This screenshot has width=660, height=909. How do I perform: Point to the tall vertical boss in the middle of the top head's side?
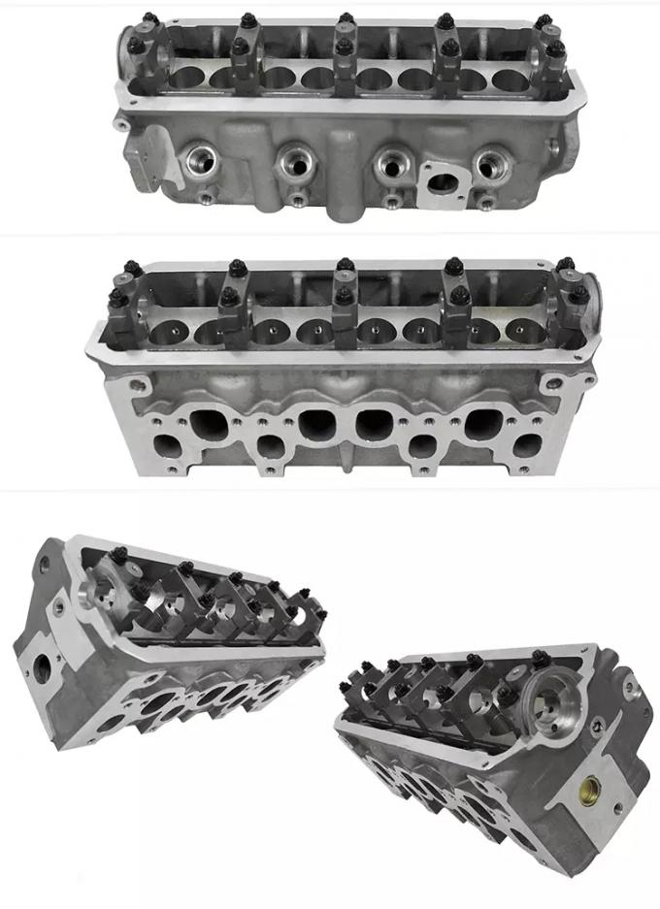tap(342, 175)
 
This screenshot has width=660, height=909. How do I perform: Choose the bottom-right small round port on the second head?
tap(529, 445)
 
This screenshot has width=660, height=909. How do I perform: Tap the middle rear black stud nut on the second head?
tap(343, 265)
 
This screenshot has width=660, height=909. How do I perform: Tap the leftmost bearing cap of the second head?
tap(121, 315)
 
